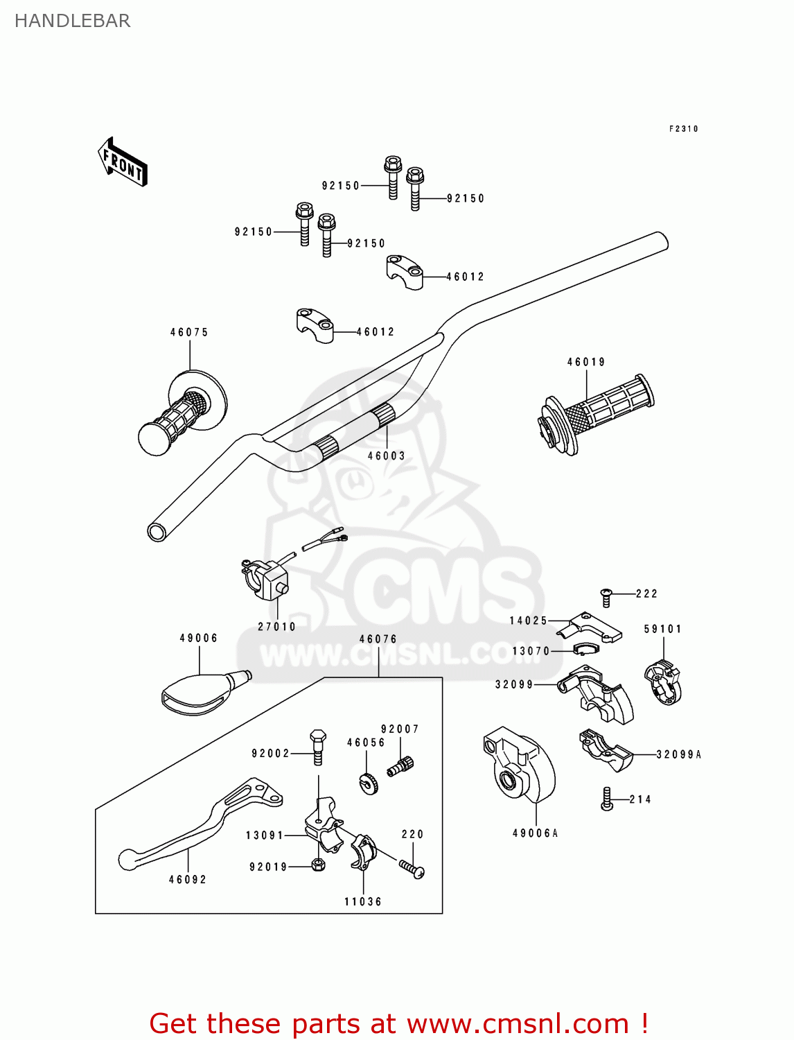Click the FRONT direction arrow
(x=123, y=162)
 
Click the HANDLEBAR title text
(x=72, y=21)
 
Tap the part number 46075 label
(x=189, y=332)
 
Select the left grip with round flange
(x=183, y=413)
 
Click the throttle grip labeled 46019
(x=597, y=413)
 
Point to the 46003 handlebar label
(x=386, y=456)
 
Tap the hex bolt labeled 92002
(x=318, y=747)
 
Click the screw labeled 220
(x=412, y=868)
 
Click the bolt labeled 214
(x=607, y=799)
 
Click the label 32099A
(x=678, y=754)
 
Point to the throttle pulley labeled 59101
(x=663, y=684)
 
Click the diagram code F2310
(x=683, y=129)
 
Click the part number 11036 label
(x=362, y=901)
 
